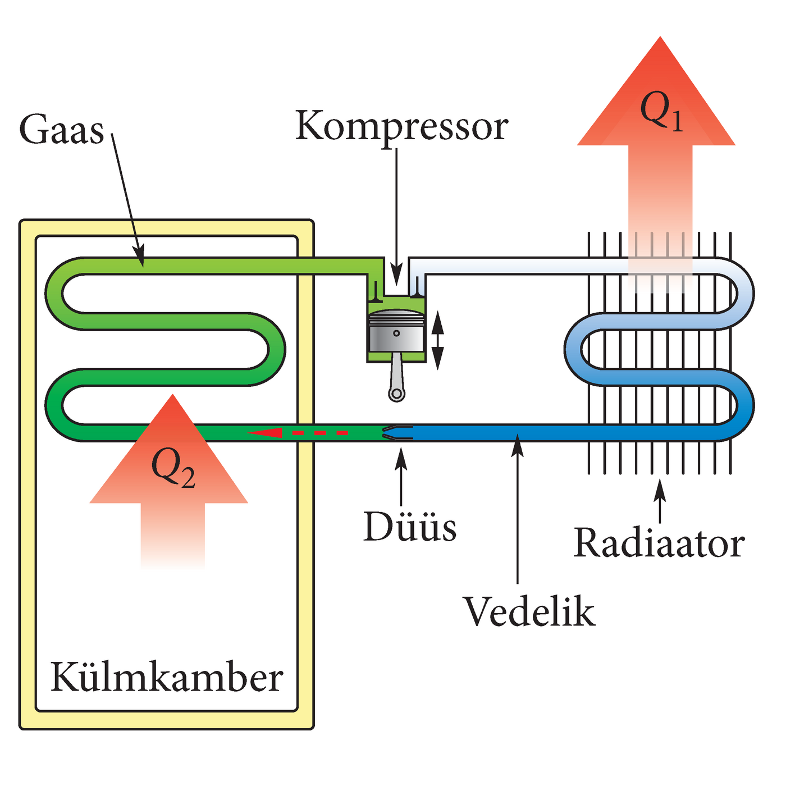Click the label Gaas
click(62, 130)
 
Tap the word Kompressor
click(401, 126)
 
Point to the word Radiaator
click(659, 543)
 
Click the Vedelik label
click(528, 612)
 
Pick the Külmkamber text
click(167, 678)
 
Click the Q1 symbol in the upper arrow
click(661, 111)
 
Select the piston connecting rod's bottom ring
click(396, 394)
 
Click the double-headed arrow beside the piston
click(437, 341)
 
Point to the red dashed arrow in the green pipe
click(298, 433)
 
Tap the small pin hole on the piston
click(396, 333)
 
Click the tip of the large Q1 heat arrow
click(660, 39)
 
